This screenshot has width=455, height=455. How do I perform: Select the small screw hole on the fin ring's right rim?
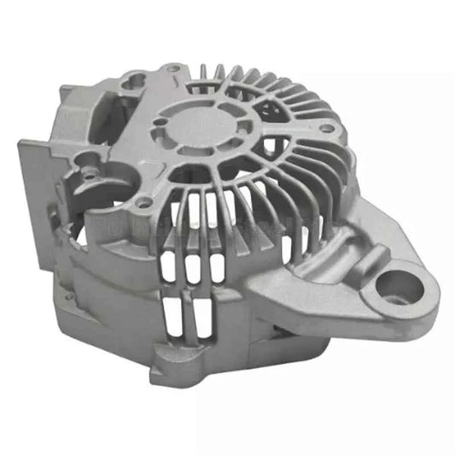pyautogui.click(x=325, y=128)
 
